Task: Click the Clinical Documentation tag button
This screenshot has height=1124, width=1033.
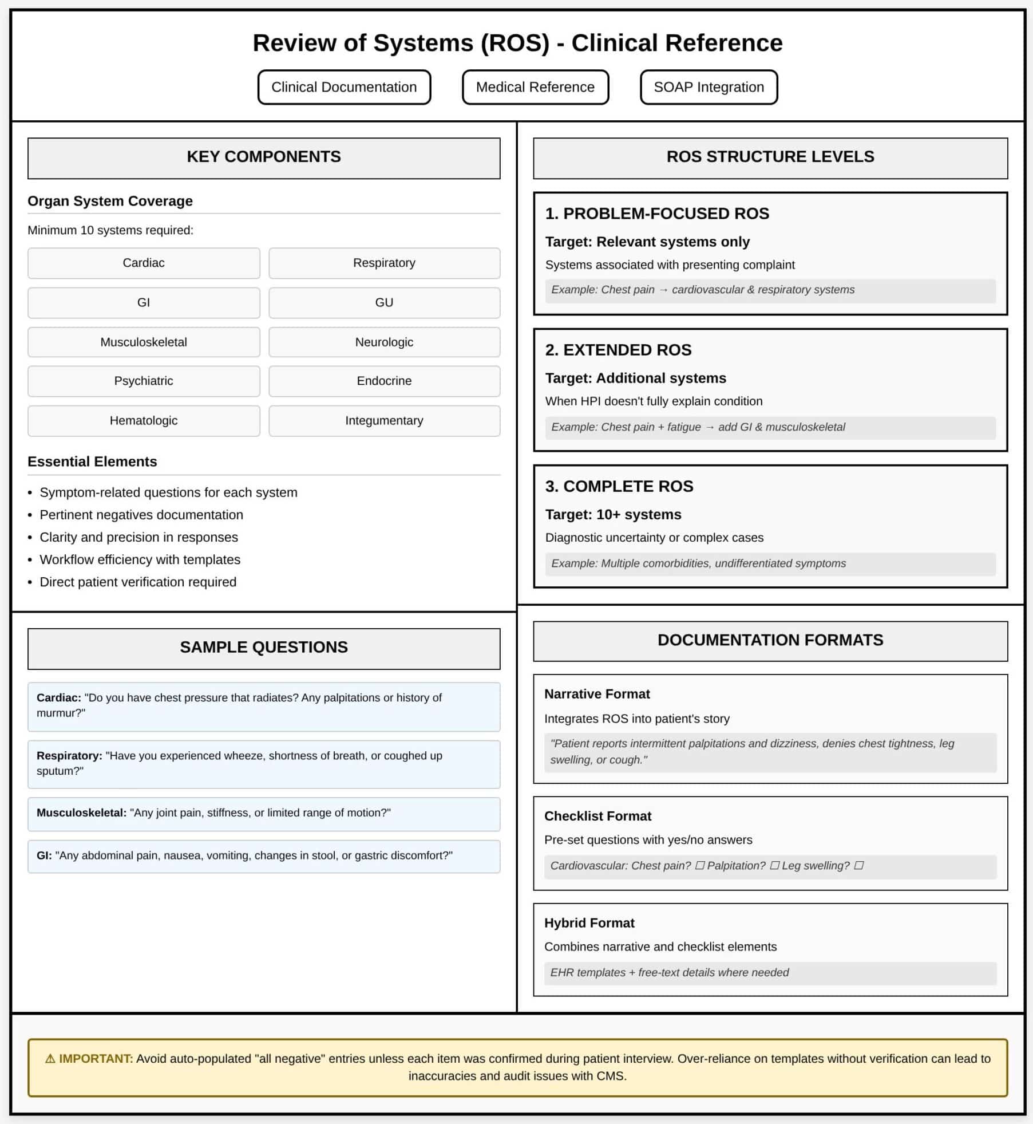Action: [x=344, y=87]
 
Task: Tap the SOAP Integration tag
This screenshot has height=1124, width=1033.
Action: [x=709, y=87]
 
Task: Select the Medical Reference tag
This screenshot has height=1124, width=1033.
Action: [x=535, y=87]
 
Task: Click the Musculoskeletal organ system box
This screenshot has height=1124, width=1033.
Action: [x=144, y=342]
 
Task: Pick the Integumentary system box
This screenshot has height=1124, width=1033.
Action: [x=384, y=420]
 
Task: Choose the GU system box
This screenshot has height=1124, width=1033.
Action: [x=384, y=302]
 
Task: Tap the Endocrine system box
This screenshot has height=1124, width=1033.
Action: [x=384, y=381]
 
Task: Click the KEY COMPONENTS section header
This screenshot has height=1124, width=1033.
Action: [x=264, y=157]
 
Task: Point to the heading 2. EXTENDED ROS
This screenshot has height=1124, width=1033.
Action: [x=618, y=350]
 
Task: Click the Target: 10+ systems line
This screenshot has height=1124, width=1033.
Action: [x=613, y=514]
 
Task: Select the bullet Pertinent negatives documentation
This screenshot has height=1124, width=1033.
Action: [x=141, y=515]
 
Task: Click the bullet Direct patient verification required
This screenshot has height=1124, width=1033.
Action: [x=138, y=582]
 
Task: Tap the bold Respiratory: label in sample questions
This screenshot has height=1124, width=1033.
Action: [x=69, y=756]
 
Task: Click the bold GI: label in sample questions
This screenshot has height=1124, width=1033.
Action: [x=44, y=855]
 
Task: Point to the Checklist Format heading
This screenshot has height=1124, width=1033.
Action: [x=597, y=816]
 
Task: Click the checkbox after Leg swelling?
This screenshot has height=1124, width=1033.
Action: [x=858, y=866]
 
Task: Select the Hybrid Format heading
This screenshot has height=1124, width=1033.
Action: [x=589, y=923]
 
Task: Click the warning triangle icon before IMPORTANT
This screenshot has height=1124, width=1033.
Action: [x=50, y=1059]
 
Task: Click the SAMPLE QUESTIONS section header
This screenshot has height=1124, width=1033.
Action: [x=264, y=647]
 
